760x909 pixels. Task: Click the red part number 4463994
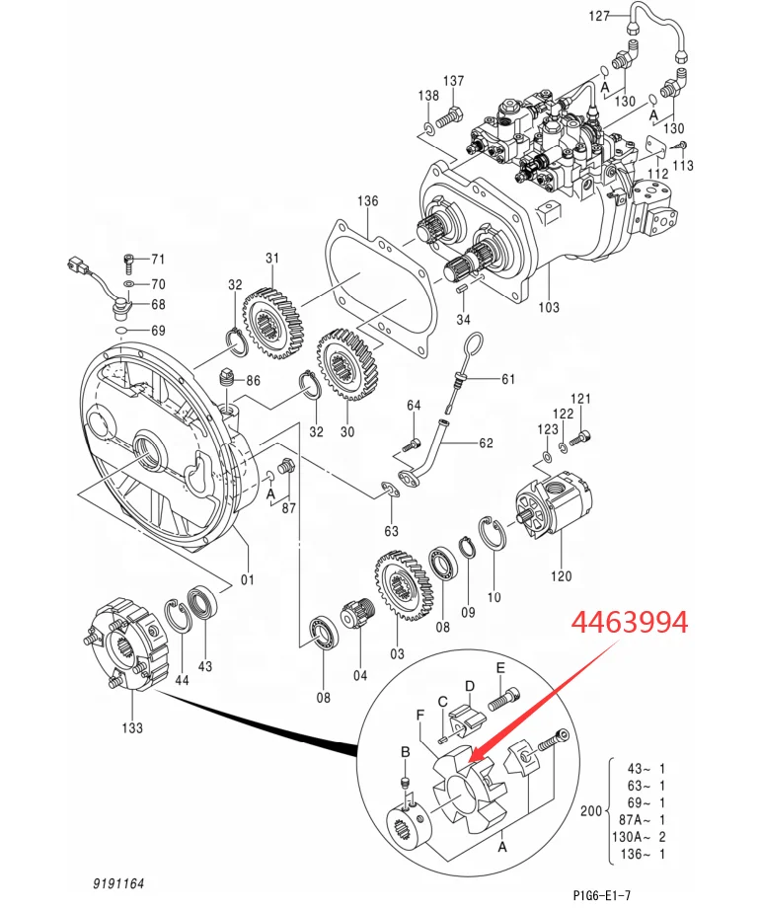pos(630,622)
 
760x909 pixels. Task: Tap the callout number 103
pos(549,307)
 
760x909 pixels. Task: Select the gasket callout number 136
pos(367,200)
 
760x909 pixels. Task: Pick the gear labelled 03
pos(405,585)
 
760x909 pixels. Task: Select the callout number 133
pos(132,727)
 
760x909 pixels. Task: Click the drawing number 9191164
pos(118,883)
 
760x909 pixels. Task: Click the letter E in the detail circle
pos(500,668)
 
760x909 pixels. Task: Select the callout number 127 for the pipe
pos(599,16)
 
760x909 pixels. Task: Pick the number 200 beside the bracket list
pos(591,810)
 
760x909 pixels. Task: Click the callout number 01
pos(248,578)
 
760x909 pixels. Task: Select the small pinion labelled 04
pos(360,612)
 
